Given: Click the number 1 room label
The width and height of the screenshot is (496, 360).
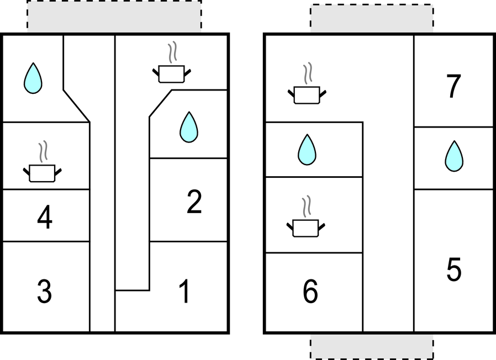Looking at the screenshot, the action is (184, 292).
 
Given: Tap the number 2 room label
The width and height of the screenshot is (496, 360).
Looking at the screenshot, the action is (194, 201).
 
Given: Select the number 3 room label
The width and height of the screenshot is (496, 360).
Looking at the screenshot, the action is (44, 292).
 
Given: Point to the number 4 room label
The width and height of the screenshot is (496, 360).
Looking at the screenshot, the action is (45, 217).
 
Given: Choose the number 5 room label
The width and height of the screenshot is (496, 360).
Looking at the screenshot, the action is (454, 269).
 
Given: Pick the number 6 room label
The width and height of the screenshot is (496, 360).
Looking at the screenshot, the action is (310, 292).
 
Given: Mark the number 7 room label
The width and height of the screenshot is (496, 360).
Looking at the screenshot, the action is (453, 86).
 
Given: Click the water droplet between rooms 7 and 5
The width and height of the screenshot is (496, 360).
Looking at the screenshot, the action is (454, 156).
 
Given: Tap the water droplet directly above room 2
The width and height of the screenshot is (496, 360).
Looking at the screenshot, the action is (189, 127).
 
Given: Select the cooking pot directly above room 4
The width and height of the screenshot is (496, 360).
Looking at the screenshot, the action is (42, 173).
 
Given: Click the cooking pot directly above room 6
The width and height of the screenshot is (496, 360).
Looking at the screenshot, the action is (305, 228).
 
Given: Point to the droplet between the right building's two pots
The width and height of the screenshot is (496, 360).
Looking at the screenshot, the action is (307, 150).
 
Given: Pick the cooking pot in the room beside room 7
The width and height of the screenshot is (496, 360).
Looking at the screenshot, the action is (307, 94).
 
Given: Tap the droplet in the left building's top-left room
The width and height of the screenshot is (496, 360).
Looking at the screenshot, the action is (33, 78).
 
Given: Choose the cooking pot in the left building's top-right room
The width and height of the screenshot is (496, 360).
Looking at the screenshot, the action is (171, 73).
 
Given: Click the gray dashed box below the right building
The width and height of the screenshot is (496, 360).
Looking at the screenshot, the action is (372, 347).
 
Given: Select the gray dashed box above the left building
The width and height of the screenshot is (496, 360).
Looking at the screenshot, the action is (114, 17).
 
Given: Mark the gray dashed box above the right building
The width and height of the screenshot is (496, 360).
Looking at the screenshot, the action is (372, 18).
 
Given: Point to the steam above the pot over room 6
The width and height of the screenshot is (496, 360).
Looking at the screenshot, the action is (306, 207).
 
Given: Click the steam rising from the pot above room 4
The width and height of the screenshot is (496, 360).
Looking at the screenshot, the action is (43, 151).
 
